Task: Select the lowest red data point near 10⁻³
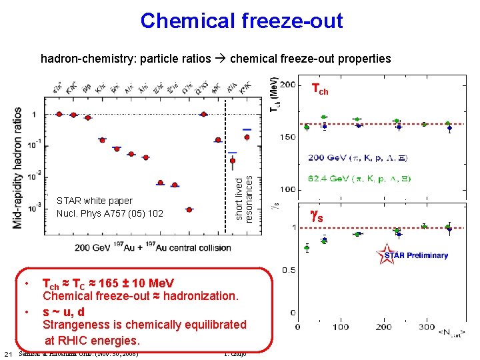pos(189,209)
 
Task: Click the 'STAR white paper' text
pos(95,201)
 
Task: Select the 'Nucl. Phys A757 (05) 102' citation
pos(109,213)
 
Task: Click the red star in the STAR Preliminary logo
pos(386,255)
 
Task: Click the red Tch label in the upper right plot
pos(320,88)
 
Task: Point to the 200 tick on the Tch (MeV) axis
pos(289,85)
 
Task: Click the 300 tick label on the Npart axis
pos(427,327)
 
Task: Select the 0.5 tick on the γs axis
pos(288,270)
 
